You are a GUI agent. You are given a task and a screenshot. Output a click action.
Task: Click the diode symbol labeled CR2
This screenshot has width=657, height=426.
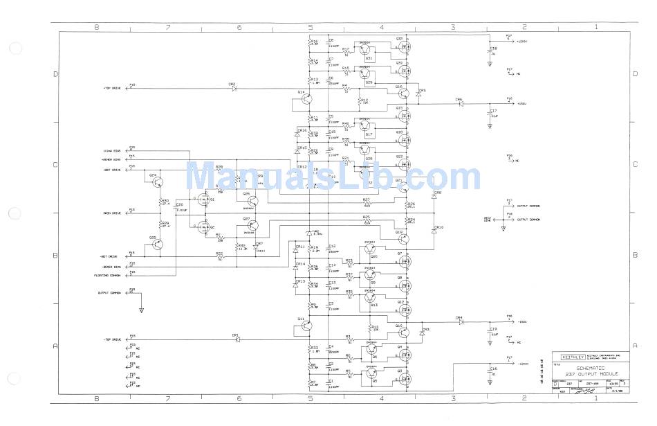tap(234, 88)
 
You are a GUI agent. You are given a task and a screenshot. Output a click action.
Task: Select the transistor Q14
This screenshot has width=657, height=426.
tap(306, 99)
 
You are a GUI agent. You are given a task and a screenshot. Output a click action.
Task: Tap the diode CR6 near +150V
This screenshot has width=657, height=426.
tap(461, 104)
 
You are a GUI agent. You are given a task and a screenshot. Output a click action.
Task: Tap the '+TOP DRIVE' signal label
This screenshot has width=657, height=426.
tap(112, 88)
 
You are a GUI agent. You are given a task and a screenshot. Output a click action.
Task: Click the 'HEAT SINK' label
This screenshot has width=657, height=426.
tap(488, 219)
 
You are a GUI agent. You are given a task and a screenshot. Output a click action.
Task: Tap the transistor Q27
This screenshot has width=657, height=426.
tap(253, 225)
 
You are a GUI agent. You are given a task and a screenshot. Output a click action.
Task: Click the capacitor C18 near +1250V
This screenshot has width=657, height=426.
tap(489, 50)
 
